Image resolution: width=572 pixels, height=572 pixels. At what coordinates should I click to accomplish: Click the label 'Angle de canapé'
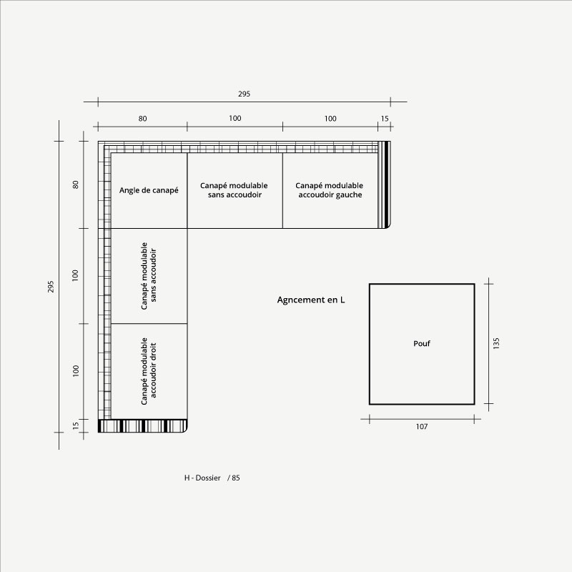149,190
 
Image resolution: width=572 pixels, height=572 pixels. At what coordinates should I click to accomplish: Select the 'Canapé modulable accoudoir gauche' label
330,190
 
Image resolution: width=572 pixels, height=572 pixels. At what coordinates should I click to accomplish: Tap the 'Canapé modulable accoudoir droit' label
149,371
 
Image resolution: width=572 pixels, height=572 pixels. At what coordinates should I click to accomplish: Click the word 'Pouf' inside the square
422,343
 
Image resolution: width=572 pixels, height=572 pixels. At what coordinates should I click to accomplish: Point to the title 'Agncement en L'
311,300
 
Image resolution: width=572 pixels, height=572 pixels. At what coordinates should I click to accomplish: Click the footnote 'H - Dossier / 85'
212,478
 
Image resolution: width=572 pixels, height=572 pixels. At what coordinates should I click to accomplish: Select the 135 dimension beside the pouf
496,344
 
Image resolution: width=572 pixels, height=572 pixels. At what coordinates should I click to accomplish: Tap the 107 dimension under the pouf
422,426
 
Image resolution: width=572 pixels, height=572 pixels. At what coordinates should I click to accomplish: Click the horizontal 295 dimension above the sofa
244,94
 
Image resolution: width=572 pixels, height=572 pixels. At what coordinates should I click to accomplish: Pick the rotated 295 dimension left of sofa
51,287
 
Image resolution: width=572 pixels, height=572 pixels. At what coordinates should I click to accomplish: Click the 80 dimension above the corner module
142,119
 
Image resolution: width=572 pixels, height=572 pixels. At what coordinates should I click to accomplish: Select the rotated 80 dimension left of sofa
76,184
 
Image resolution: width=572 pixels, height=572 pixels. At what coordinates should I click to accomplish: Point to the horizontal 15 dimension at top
385,119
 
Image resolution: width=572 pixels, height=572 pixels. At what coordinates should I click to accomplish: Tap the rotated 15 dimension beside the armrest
76,425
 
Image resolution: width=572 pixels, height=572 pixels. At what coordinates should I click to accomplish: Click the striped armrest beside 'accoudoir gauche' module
384,184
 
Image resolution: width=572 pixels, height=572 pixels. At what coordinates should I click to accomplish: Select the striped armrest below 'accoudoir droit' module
142,426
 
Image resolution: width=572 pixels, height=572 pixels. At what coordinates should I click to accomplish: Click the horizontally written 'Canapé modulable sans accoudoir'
235,190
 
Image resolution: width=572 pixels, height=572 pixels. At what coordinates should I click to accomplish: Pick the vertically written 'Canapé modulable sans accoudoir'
149,276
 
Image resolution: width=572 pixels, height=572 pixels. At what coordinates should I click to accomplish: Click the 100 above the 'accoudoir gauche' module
330,119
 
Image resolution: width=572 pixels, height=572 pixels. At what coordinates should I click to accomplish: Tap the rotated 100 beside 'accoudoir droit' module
76,371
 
